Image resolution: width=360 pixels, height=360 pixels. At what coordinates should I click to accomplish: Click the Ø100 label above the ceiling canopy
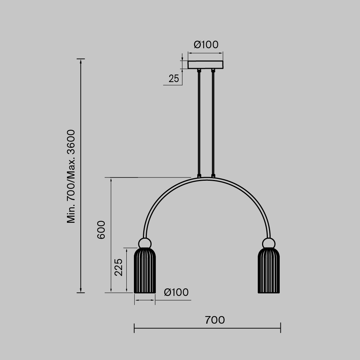(206, 45)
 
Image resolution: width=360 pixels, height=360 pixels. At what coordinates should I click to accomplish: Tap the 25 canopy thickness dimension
(174, 79)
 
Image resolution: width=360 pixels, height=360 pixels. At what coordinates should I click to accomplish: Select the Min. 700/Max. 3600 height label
(71, 176)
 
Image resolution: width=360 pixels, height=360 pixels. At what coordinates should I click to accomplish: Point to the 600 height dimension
(101, 230)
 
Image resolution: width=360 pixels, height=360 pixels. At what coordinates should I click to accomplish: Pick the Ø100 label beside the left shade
(176, 292)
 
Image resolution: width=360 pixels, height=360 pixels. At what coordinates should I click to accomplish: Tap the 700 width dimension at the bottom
(215, 320)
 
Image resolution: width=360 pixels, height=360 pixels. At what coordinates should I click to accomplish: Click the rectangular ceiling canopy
(206, 65)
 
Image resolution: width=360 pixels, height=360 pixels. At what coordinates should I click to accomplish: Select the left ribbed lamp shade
(145, 271)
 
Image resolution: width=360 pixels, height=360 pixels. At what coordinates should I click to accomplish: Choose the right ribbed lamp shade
(269, 271)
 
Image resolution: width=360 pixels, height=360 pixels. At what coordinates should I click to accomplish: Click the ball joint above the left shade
(145, 243)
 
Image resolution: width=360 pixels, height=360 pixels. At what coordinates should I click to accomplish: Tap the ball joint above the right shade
(269, 243)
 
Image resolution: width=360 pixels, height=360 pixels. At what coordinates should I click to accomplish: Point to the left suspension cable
(199, 122)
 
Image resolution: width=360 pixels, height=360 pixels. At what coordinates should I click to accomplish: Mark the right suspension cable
(213, 122)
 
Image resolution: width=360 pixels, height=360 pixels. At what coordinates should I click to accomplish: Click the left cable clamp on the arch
(199, 176)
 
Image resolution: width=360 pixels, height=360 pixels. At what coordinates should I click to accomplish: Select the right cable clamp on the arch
(213, 176)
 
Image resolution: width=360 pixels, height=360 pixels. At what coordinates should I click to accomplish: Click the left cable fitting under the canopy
(199, 70)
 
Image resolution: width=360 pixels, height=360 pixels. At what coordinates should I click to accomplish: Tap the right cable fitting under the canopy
(213, 70)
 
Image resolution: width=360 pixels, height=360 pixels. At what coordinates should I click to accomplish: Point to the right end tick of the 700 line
(280, 328)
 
